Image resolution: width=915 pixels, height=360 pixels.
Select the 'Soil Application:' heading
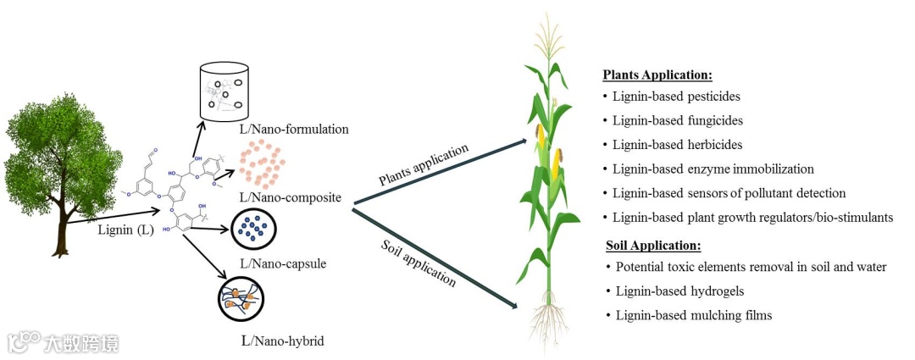[653, 246]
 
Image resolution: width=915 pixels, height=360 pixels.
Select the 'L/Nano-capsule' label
[284, 263]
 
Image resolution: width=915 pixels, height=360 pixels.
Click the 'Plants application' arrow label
[423, 165]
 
